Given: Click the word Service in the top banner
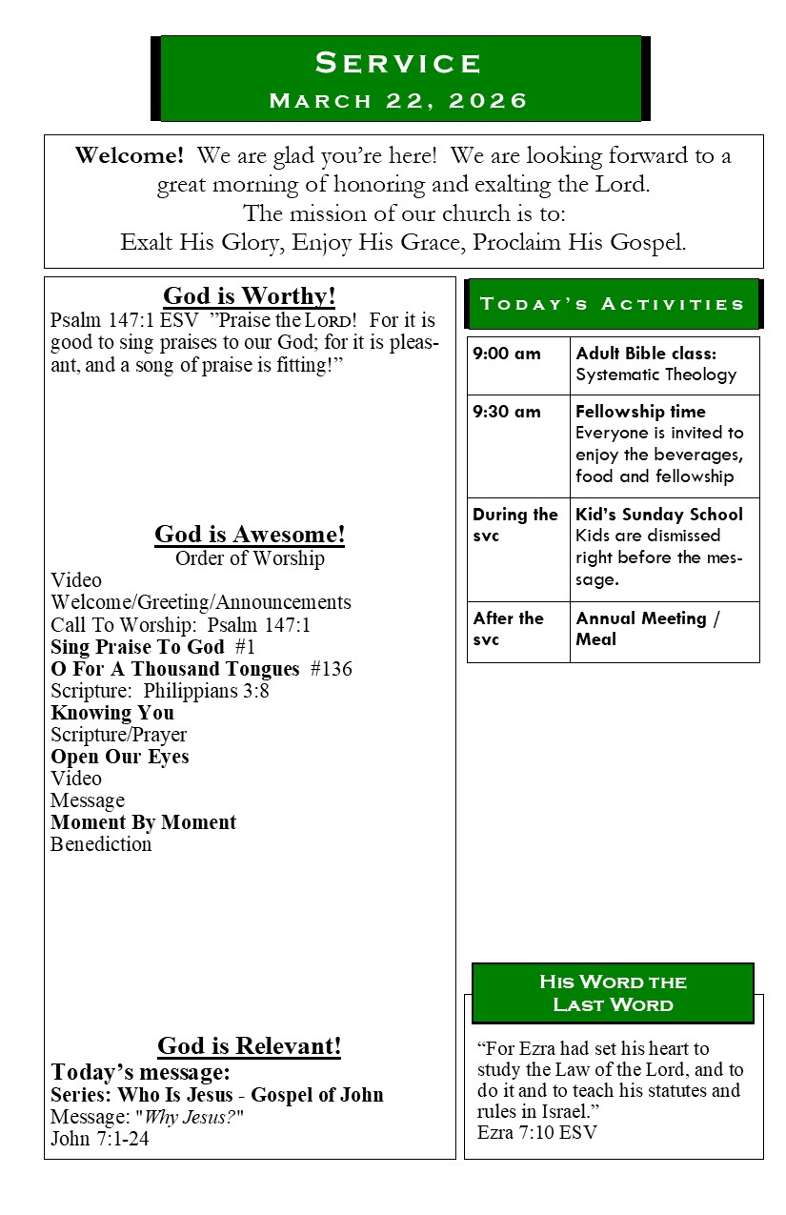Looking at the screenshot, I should [x=399, y=63].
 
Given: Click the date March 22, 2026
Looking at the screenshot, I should [x=399, y=101].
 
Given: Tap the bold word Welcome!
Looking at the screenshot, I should [x=130, y=155].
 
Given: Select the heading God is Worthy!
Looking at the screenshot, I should [x=250, y=295].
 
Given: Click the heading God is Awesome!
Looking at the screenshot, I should [x=250, y=535].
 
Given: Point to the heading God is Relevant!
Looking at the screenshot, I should [x=250, y=1046].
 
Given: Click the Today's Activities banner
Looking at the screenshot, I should [x=613, y=304].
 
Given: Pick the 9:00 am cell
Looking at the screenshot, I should [x=507, y=354].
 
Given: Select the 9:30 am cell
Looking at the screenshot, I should [x=507, y=412].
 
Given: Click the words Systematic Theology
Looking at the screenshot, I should [x=655, y=375].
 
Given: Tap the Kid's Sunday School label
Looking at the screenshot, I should [x=659, y=515].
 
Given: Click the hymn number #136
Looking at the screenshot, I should [x=332, y=669].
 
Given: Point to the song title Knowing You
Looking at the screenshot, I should [x=112, y=713].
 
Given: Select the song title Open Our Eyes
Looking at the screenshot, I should [x=120, y=757].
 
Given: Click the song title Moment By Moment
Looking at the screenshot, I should [x=144, y=822].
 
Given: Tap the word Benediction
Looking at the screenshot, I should [x=101, y=844].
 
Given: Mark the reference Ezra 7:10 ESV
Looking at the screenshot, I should [x=537, y=1132].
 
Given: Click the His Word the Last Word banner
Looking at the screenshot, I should [x=613, y=993].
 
